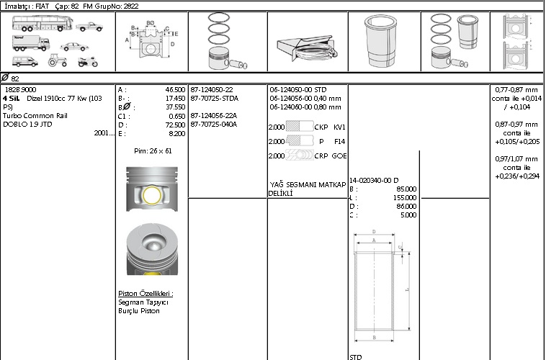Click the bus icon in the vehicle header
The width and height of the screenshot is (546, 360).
tap(42, 23)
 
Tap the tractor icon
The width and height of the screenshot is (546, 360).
tap(58, 60)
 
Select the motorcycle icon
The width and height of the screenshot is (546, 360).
tap(88, 62)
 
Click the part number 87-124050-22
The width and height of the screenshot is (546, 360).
tap(212, 90)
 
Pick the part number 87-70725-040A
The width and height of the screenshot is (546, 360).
tap(214, 125)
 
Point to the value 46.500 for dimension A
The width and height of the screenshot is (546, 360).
tap(175, 90)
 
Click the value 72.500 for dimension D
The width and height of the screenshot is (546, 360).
tap(175, 125)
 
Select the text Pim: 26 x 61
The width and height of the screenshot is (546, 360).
tap(153, 151)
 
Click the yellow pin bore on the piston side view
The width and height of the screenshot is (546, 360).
tap(152, 195)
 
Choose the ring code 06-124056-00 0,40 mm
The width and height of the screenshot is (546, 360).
tap(305, 99)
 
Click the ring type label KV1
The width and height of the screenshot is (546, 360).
tap(339, 127)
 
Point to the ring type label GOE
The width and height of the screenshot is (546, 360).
tap(339, 156)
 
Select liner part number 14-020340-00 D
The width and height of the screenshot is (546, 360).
tap(374, 180)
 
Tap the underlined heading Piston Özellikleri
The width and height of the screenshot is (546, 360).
tap(146, 294)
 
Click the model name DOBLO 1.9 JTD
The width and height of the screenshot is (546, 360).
tap(27, 125)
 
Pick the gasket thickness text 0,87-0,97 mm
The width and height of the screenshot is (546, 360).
tap(516, 125)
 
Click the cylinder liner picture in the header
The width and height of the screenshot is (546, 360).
tap(381, 41)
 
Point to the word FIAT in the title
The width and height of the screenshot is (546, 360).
tap(42, 6)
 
